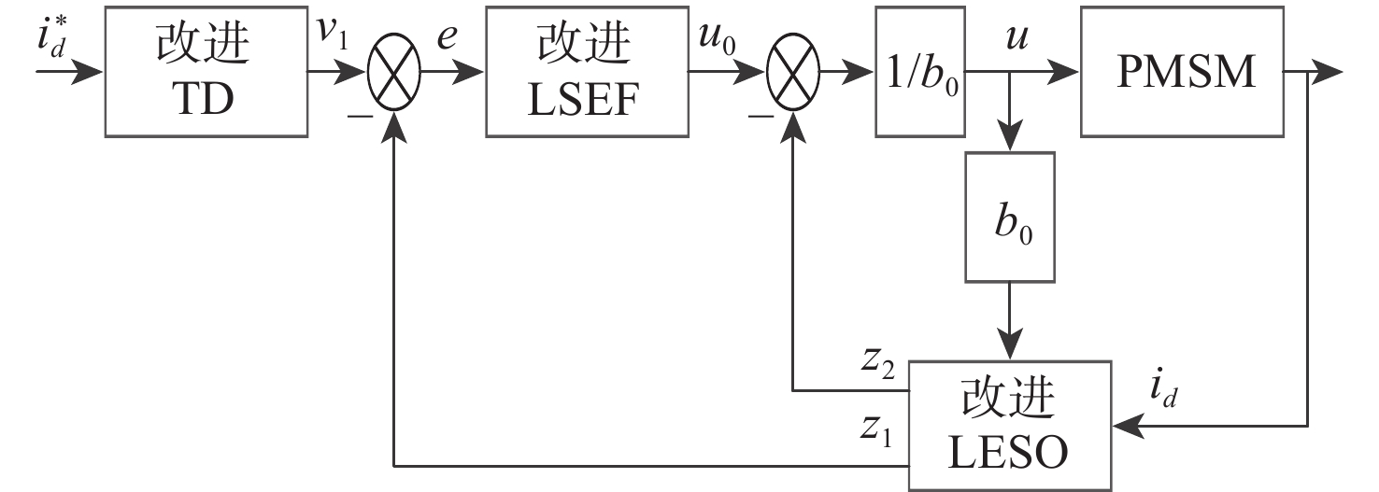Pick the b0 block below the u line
[x=1009, y=217]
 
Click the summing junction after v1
[x=395, y=71]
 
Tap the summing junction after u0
[x=792, y=71]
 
